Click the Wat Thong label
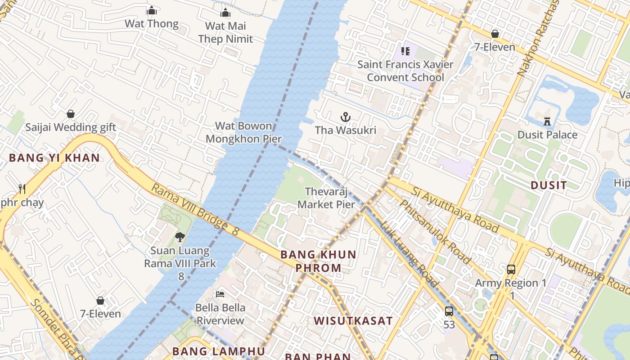[152, 23]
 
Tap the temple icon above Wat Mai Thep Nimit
[225, 13]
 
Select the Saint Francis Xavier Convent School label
[405, 71]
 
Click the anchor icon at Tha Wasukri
[345, 117]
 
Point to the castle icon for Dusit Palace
[547, 121]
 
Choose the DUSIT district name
[549, 185]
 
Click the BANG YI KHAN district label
[54, 158]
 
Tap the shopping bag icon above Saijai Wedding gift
[71, 114]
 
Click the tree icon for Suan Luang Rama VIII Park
[180, 237]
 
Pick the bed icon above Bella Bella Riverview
[220, 294]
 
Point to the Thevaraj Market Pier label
[326, 198]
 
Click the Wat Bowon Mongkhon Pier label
[243, 132]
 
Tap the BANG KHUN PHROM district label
[319, 261]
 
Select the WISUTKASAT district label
[353, 321]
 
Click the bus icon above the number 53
[449, 311]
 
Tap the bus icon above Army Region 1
[511, 270]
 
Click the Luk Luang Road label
[409, 254]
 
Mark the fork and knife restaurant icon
[22, 189]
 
